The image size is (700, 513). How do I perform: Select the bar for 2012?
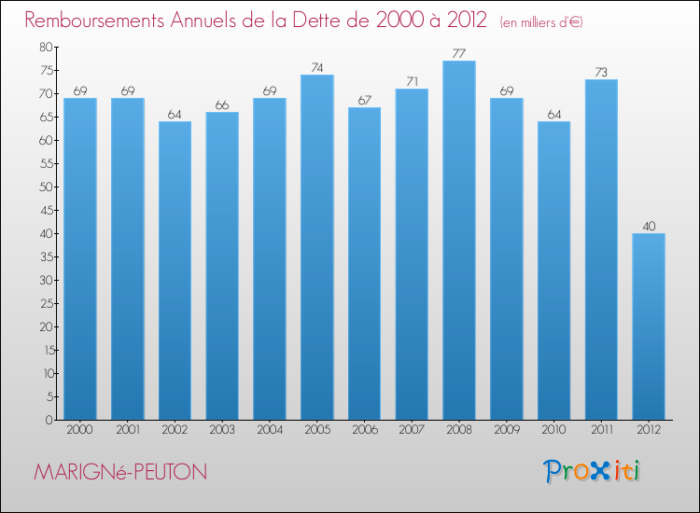(x=649, y=326)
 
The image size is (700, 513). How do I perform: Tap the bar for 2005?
(x=316, y=247)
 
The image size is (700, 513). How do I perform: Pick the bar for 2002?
(x=175, y=270)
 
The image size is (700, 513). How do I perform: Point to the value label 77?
(x=458, y=53)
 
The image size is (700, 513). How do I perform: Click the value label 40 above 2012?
(x=649, y=226)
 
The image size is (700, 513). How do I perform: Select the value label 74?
(x=316, y=67)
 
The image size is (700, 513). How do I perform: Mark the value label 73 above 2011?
(x=601, y=72)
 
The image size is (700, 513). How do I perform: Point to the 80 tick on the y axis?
(x=46, y=47)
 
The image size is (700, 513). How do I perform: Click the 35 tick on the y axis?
(x=46, y=256)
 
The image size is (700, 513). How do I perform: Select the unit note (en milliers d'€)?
(x=541, y=21)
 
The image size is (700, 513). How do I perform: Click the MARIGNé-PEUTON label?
(x=120, y=473)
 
